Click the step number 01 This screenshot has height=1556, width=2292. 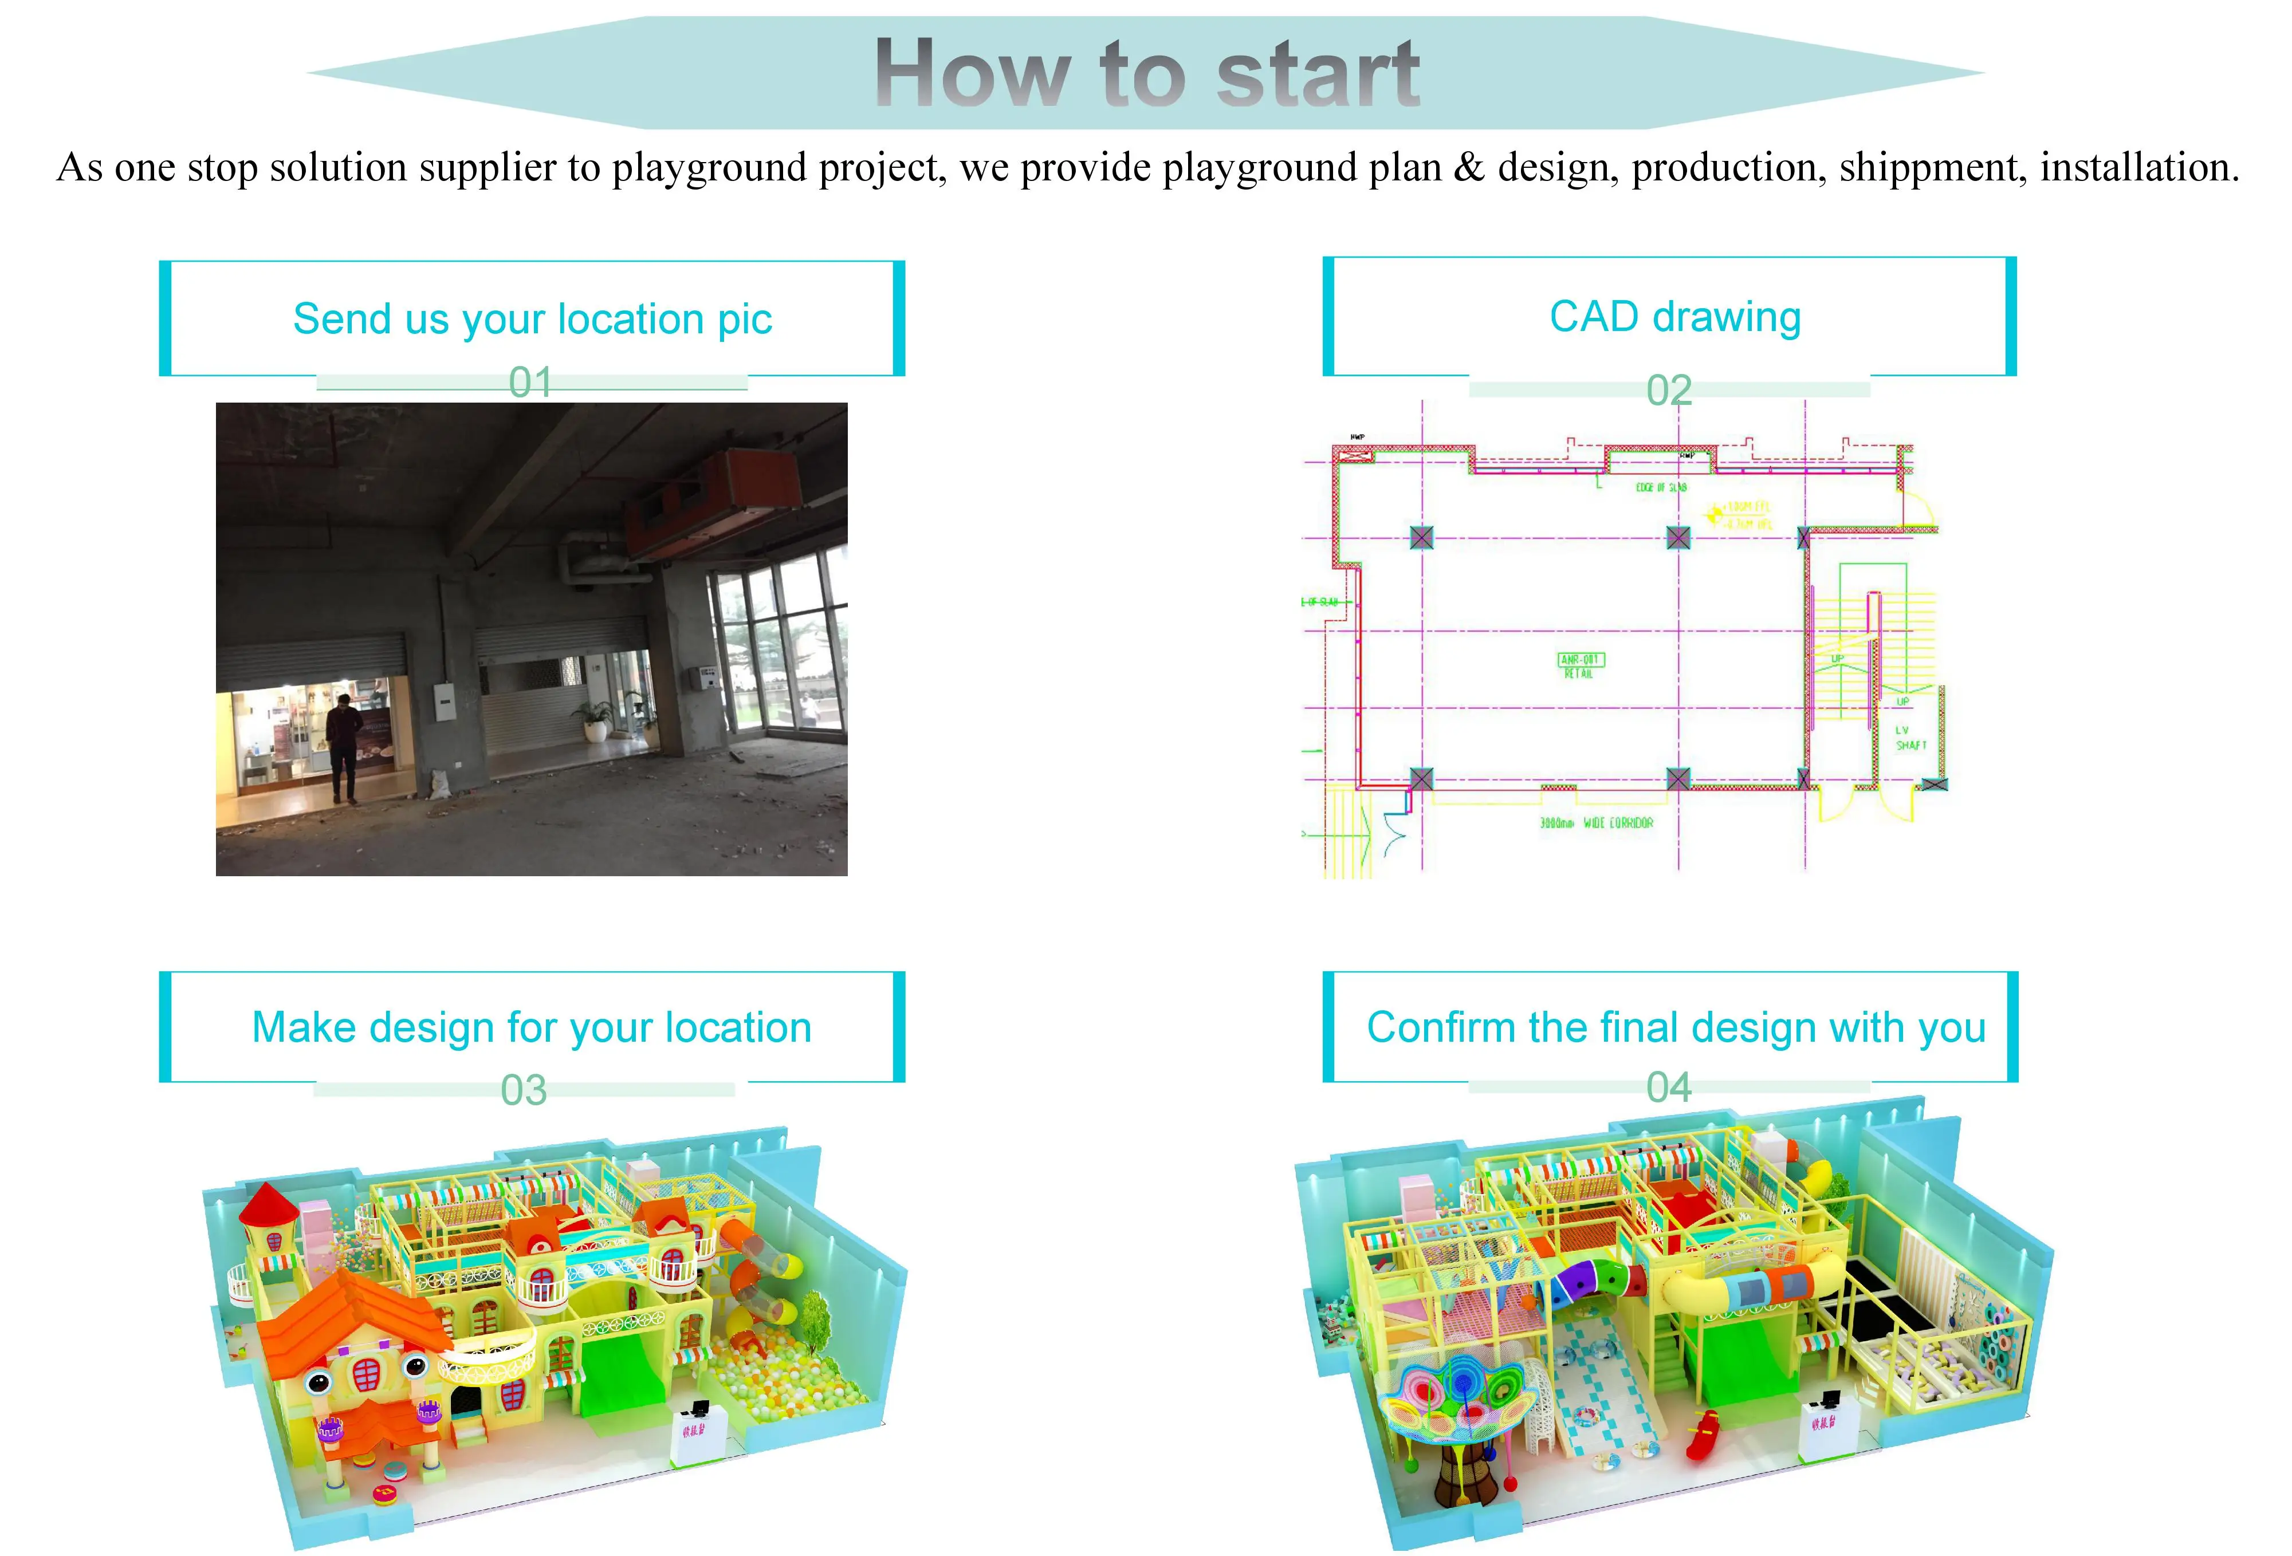[x=530, y=383]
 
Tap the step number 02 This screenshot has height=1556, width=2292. [x=1669, y=391]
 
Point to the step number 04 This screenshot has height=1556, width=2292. [x=1669, y=1088]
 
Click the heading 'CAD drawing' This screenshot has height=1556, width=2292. [x=1674, y=317]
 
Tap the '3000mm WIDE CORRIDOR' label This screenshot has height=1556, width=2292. [x=1596, y=822]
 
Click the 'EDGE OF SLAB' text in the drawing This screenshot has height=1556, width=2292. [x=1661, y=487]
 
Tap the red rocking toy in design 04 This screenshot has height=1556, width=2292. [x=1706, y=1435]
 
